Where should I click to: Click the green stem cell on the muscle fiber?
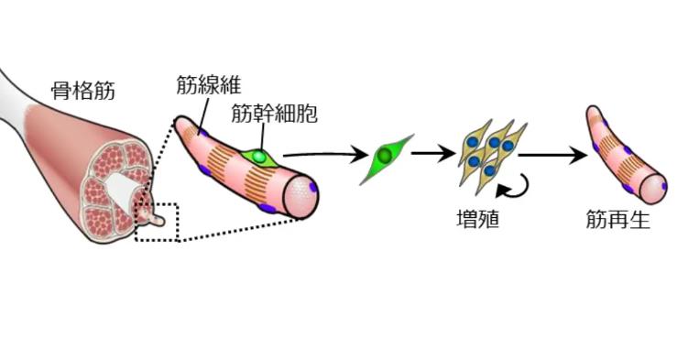(x=260, y=157)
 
